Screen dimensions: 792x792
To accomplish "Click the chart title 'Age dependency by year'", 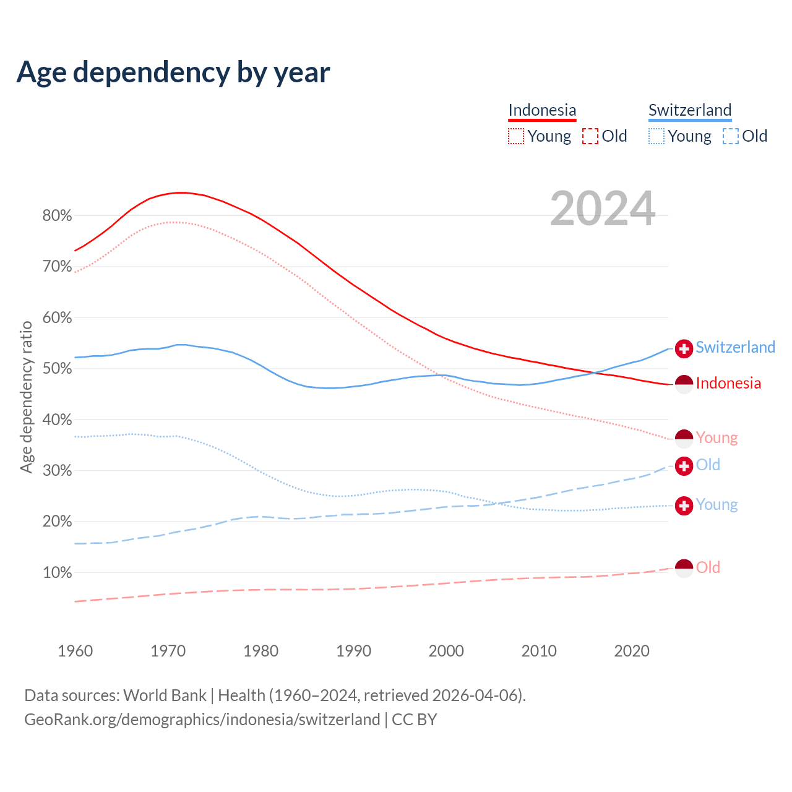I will (x=173, y=72).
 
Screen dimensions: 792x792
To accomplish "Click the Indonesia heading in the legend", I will (x=542, y=110).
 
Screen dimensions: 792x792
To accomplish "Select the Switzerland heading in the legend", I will (x=690, y=110).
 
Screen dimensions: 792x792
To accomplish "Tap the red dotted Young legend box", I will (x=515, y=136).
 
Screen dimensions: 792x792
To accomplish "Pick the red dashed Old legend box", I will (x=590, y=136).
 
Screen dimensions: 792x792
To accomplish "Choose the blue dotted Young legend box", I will (x=656, y=136).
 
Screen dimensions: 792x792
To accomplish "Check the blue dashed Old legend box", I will (x=731, y=136).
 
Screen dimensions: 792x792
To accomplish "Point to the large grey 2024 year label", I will (x=603, y=209).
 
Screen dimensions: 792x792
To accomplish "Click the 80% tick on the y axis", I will (x=57, y=216).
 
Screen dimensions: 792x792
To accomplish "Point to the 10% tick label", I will (x=57, y=573).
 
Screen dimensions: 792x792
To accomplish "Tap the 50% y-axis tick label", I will (x=57, y=369).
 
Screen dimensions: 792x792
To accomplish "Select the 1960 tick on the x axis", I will (x=75, y=651).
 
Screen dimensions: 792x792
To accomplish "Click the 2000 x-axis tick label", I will (x=446, y=651).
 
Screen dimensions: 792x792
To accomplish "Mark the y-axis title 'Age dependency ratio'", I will (x=27, y=397).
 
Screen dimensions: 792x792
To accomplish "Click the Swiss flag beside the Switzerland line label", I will (x=684, y=348).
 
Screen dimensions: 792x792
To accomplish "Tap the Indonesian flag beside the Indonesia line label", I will (x=684, y=384).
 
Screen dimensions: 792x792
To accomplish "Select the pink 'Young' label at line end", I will (x=717, y=437).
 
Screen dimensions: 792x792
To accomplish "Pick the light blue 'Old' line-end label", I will (x=708, y=465).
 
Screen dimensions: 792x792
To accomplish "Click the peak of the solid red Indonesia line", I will (x=180, y=192).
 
